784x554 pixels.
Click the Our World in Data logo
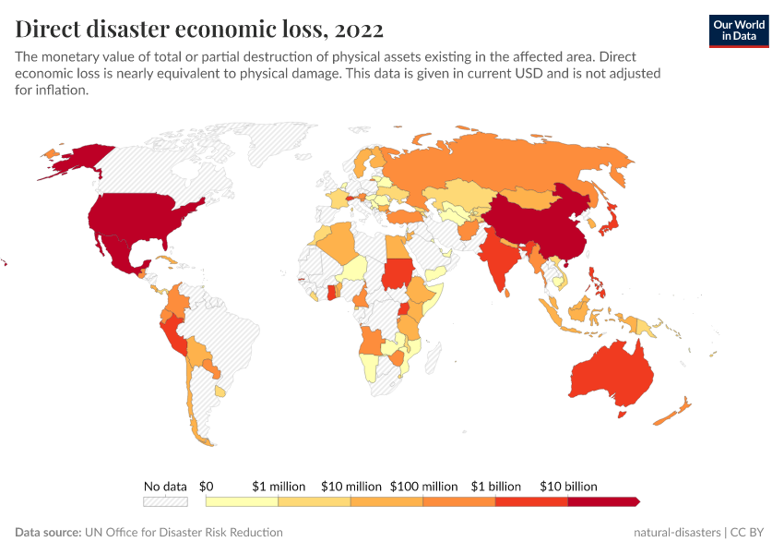(738, 30)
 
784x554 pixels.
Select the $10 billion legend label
(568, 486)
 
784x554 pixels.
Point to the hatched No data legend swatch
(165, 501)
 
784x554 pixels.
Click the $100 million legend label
(423, 486)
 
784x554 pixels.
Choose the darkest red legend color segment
(602, 501)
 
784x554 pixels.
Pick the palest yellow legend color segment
(242, 501)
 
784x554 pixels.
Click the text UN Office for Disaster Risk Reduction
(184, 533)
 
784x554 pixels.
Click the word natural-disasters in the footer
(677, 533)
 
